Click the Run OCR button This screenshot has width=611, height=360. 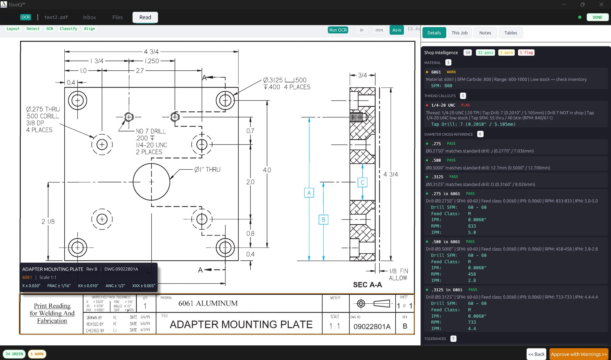(x=338, y=30)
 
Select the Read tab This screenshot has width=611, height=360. (x=145, y=17)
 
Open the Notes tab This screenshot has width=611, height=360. (x=485, y=33)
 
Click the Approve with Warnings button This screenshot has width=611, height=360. (x=579, y=354)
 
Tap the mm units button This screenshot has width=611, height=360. (x=379, y=30)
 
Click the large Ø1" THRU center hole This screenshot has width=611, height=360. (x=151, y=182)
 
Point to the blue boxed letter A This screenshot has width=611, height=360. (x=309, y=193)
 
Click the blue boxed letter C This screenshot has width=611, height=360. (x=362, y=182)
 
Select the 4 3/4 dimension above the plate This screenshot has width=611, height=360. (x=151, y=52)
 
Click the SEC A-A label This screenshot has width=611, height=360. (x=367, y=285)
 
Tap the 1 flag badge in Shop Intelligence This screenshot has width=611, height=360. (x=526, y=53)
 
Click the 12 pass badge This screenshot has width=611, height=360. (x=485, y=53)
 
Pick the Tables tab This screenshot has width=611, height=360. (x=510, y=33)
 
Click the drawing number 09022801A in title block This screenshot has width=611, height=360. (x=372, y=326)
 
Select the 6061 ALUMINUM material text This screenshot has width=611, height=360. (x=208, y=303)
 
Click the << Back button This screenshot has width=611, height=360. (x=536, y=354)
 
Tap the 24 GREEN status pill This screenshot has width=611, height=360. (x=14, y=354)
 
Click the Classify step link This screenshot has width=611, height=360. (x=68, y=29)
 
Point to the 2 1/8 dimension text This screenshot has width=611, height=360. (x=48, y=222)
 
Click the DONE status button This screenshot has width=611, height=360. (x=597, y=17)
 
